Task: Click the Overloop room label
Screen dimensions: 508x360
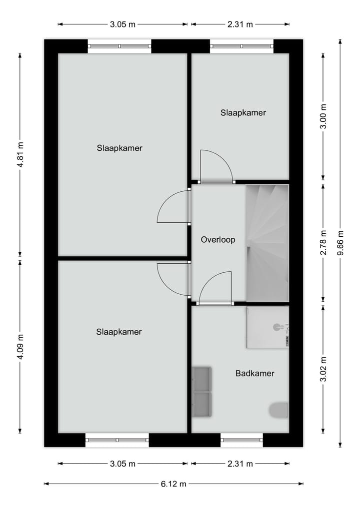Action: point(217,240)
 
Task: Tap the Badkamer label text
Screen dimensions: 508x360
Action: point(254,373)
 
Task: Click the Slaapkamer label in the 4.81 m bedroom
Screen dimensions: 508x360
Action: point(119,148)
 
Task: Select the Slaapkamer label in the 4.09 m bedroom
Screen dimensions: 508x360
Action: point(119,332)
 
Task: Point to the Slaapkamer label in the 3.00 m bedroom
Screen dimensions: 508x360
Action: point(243,113)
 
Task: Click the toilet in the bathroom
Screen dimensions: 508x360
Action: point(279,410)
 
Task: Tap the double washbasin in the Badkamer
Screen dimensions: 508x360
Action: point(202,392)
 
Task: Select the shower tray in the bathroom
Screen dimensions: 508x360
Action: point(267,328)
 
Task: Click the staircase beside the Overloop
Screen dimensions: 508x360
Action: point(267,243)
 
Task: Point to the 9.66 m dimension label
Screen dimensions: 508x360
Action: point(340,242)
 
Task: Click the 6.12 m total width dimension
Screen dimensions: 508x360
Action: point(173,484)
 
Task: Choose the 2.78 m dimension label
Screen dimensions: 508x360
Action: point(323,243)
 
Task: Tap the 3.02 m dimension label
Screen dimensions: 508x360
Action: point(323,369)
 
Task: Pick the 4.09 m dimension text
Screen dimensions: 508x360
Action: point(20,346)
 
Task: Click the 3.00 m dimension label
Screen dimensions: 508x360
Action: point(323,116)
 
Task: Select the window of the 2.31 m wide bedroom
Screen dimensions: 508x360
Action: point(241,46)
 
